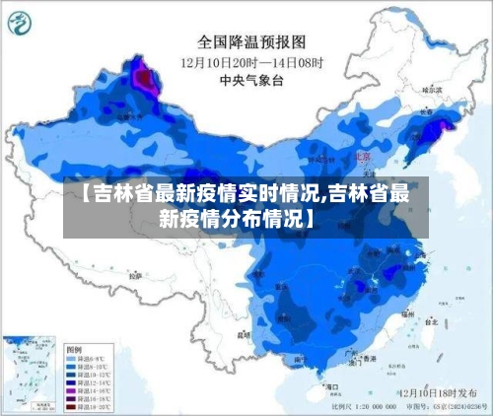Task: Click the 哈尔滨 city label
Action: tap(431, 89)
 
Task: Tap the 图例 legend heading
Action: tap(72, 350)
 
